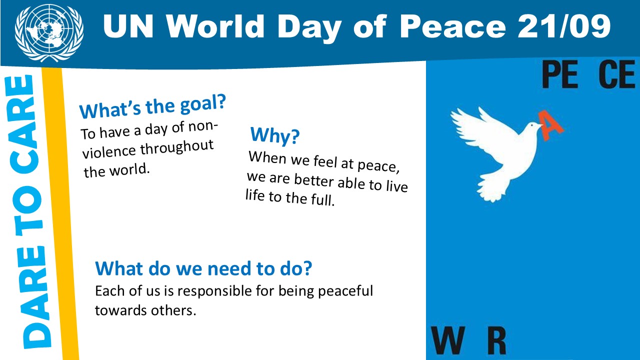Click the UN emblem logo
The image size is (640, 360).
coord(49,32)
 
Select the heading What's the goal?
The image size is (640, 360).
coord(152,106)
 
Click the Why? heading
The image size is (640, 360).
coord(275,135)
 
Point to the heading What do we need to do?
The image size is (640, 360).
coord(203,268)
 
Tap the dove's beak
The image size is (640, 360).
coord(540,125)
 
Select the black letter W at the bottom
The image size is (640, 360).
coord(447,339)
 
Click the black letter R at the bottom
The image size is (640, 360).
coord(497,339)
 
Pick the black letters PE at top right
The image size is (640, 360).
coord(559,75)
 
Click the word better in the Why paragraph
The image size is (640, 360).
coord(313,180)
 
